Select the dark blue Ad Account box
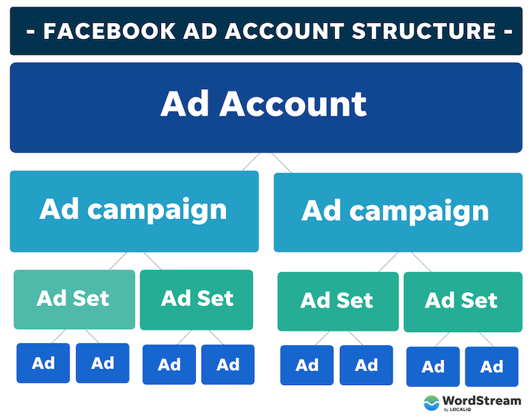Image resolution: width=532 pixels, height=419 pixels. [x=266, y=107]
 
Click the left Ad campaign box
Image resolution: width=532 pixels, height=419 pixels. [x=134, y=211]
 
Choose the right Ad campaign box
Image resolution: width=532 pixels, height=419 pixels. [x=397, y=212]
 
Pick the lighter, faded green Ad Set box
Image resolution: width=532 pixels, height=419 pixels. [x=74, y=299]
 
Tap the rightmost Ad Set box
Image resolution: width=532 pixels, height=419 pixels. [x=462, y=301]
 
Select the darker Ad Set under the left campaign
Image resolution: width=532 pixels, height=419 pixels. [x=197, y=299]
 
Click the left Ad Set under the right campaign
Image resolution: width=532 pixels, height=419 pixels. [x=338, y=301]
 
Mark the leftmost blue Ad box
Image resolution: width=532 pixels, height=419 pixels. [x=44, y=363]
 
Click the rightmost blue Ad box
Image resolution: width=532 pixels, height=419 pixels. [x=492, y=367]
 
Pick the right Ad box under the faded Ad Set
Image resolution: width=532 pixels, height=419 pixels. [x=102, y=363]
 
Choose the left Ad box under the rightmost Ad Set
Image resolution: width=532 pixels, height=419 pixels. [x=433, y=367]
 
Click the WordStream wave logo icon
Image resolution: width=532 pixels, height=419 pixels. [x=432, y=403]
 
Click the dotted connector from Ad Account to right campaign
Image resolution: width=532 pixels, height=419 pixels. [x=281, y=162]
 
